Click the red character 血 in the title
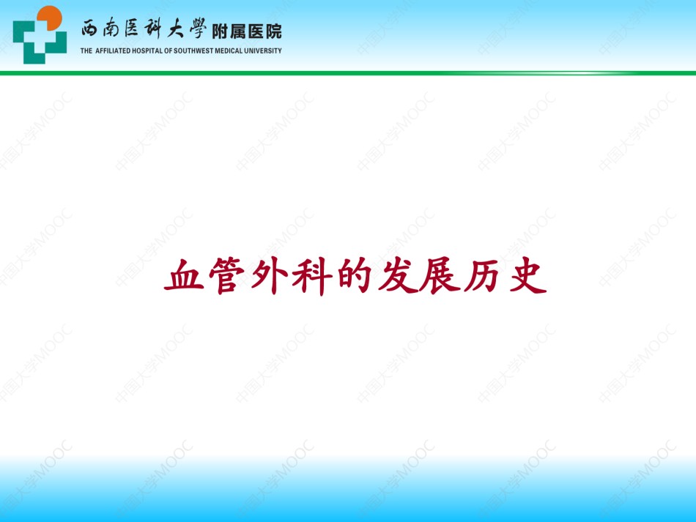pos(184,276)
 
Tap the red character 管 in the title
pos(227,276)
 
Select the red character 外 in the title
pos(270,276)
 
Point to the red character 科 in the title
pos(312,276)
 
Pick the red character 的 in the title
pos(355,276)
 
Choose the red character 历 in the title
pos(483,276)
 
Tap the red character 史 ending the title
pos(527,276)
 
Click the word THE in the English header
pos(86,51)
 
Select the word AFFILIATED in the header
pos(113,51)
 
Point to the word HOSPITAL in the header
pos(148,51)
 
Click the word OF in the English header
pos(169,51)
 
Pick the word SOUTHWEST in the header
pos(193,51)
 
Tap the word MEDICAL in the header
pos(229,51)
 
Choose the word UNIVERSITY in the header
pos(263,51)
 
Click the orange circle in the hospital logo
pos(49,18)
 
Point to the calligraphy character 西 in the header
pos(89,29)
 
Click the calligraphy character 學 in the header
pos(198,29)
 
